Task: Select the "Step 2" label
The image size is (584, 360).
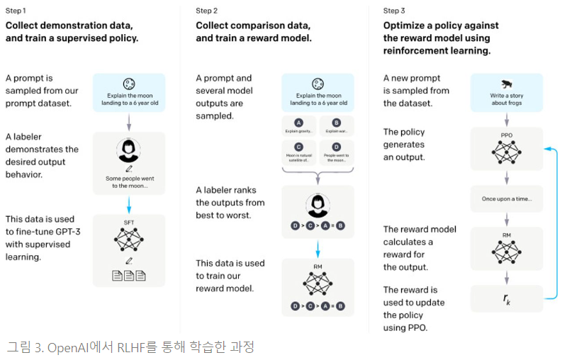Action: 207,11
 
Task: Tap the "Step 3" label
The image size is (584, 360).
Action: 395,11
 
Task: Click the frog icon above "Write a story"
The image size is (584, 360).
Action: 507,83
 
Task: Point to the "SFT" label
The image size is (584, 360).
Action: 129,223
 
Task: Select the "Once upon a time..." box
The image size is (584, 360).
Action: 507,198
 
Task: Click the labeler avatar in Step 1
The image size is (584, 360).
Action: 129,150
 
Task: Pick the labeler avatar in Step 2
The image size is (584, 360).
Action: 318,206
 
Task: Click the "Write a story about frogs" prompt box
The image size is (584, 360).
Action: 507,92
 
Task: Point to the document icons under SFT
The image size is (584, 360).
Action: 129,276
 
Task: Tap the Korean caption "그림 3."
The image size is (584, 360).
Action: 23,347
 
